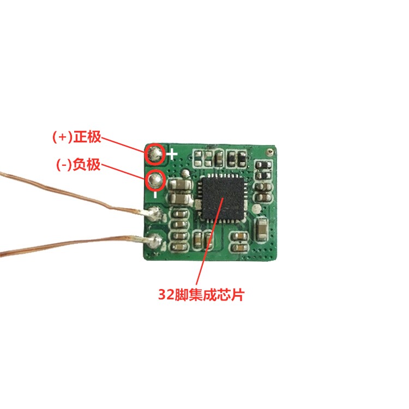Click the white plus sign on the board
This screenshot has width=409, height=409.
(172, 154)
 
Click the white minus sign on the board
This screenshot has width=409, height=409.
(156, 194)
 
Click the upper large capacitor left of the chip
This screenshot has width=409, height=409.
(180, 187)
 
